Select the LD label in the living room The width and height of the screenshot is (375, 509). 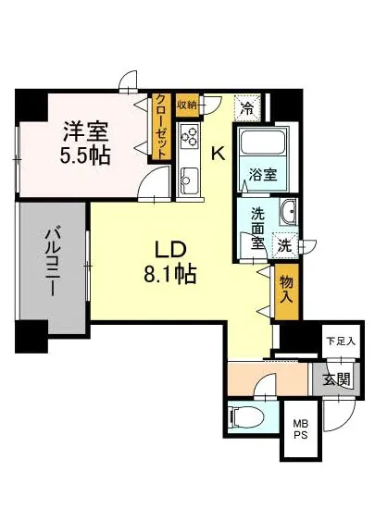[x=171, y=250]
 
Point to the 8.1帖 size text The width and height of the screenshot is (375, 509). [x=171, y=275]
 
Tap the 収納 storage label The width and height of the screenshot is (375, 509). [x=188, y=106]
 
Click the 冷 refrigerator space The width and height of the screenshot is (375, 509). [x=246, y=108]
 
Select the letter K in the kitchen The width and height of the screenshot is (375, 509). [x=219, y=155]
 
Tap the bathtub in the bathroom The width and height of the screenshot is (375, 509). [x=262, y=145]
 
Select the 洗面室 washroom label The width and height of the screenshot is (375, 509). [x=259, y=228]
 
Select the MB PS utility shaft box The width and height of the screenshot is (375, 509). [x=300, y=430]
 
